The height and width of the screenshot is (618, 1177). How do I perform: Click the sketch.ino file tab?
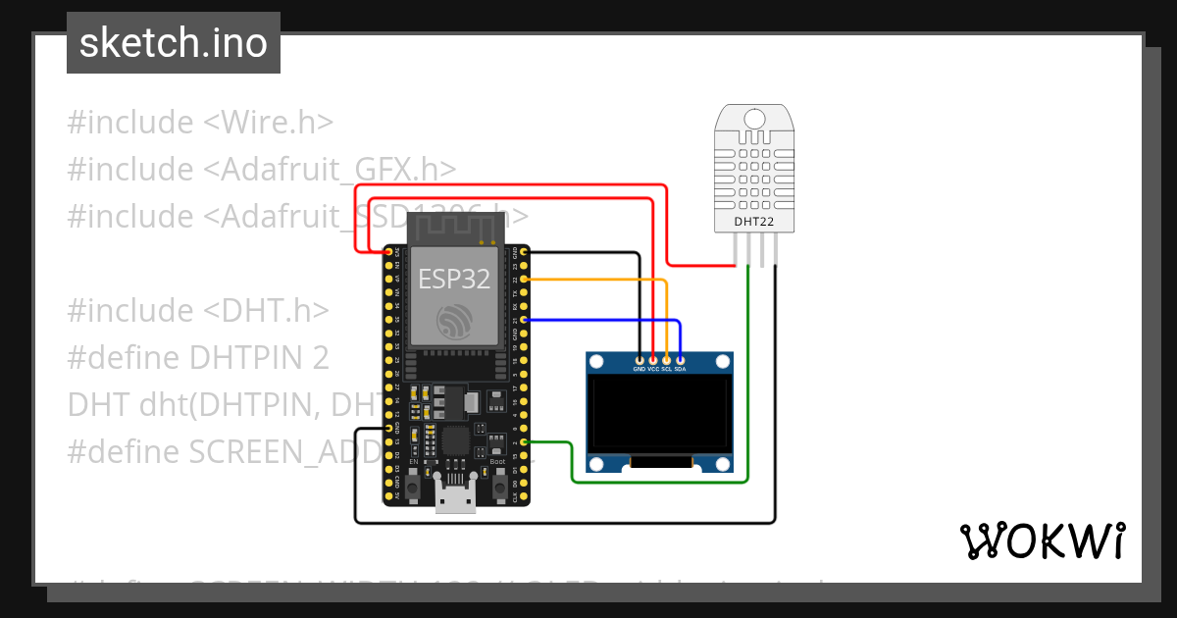[x=173, y=43]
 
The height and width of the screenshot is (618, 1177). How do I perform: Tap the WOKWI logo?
[x=1042, y=541]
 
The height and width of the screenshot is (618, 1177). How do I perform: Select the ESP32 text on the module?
[x=454, y=279]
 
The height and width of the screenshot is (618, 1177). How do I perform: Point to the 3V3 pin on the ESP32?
[x=389, y=252]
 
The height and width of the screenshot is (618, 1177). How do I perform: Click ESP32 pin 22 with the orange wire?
[x=525, y=280]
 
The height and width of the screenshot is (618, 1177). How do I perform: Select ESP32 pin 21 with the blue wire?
[x=525, y=320]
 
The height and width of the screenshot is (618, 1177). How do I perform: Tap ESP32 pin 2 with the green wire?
[x=525, y=442]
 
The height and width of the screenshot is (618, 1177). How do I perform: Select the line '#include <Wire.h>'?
[x=201, y=123]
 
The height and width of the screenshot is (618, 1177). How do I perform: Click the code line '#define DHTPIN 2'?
[x=198, y=357]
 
